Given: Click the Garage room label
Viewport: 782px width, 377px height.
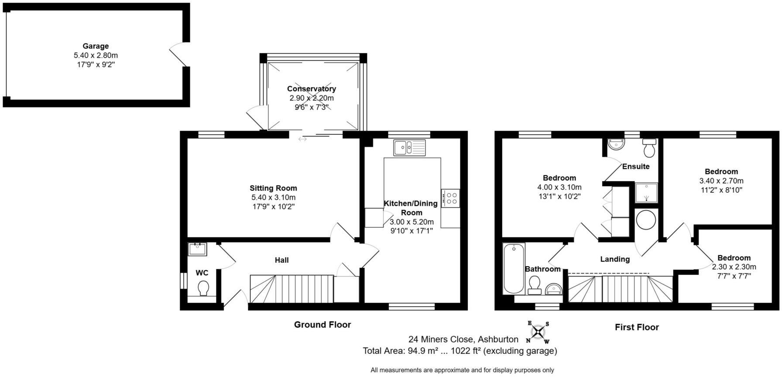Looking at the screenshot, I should [x=96, y=46].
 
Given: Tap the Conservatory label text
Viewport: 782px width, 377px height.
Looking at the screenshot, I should [x=311, y=89].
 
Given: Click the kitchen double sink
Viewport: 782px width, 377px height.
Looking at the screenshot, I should [x=409, y=147].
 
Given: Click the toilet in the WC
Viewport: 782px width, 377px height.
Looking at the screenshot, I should [x=203, y=288].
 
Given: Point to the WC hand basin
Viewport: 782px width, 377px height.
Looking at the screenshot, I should [x=198, y=249].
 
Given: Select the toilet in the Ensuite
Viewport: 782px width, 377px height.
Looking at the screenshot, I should [x=649, y=147].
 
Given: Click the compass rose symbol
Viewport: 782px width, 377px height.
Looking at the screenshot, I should [x=538, y=333].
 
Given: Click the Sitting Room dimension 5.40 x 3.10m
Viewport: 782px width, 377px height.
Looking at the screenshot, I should [x=274, y=198].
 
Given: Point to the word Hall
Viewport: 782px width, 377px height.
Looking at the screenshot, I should [x=281, y=260].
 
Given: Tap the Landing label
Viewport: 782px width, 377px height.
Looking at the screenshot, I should [x=615, y=259].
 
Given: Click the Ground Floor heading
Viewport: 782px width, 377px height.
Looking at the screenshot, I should [x=322, y=325].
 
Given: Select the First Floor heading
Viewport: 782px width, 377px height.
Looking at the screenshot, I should [x=637, y=327].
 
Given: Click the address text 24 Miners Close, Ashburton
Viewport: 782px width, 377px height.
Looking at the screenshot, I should [x=463, y=339].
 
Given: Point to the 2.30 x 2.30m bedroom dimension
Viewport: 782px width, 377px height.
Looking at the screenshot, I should [x=734, y=267].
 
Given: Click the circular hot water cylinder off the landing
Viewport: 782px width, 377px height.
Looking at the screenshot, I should [x=646, y=220].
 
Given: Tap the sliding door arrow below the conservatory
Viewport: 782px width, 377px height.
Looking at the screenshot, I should [x=302, y=139].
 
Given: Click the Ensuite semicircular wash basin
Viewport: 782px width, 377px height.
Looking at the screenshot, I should [x=617, y=144].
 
